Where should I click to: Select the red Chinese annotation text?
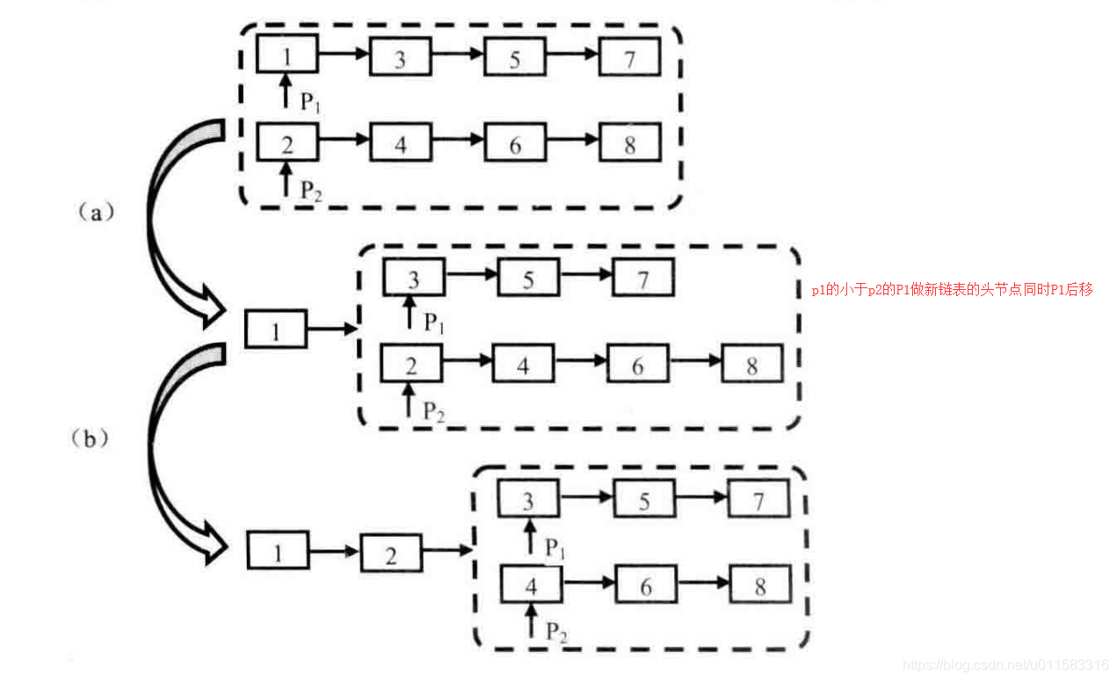[x=952, y=289]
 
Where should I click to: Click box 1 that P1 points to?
[x=287, y=55]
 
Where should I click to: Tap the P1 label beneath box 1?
[x=310, y=102]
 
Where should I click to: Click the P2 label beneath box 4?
[x=555, y=630]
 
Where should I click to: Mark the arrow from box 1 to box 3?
[x=343, y=54]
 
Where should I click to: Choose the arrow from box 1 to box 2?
[x=335, y=553]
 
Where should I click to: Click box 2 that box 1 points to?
[x=391, y=554]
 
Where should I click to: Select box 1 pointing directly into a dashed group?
[x=276, y=330]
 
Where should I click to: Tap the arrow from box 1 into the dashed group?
[x=332, y=330]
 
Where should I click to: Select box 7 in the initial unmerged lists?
[x=630, y=58]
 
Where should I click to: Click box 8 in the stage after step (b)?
[x=760, y=584]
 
